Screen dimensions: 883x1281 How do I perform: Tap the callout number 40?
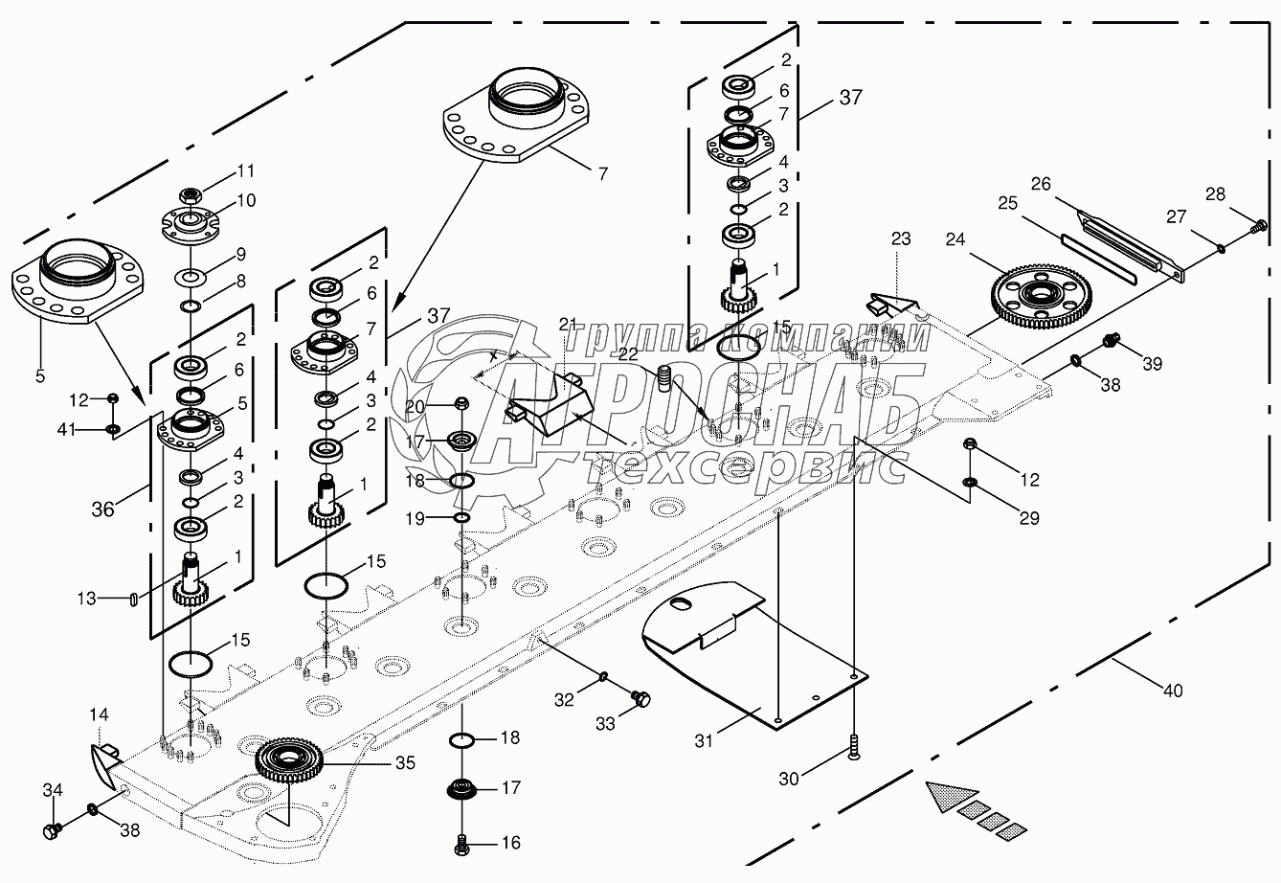(1172, 690)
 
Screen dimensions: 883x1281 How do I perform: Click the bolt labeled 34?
(52, 829)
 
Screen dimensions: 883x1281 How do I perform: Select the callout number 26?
(1040, 182)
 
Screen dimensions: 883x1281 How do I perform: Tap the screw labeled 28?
(1258, 228)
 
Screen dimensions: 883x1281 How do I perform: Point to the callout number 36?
(102, 509)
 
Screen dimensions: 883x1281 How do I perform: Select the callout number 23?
(902, 238)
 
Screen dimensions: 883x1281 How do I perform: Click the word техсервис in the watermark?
(747, 466)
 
